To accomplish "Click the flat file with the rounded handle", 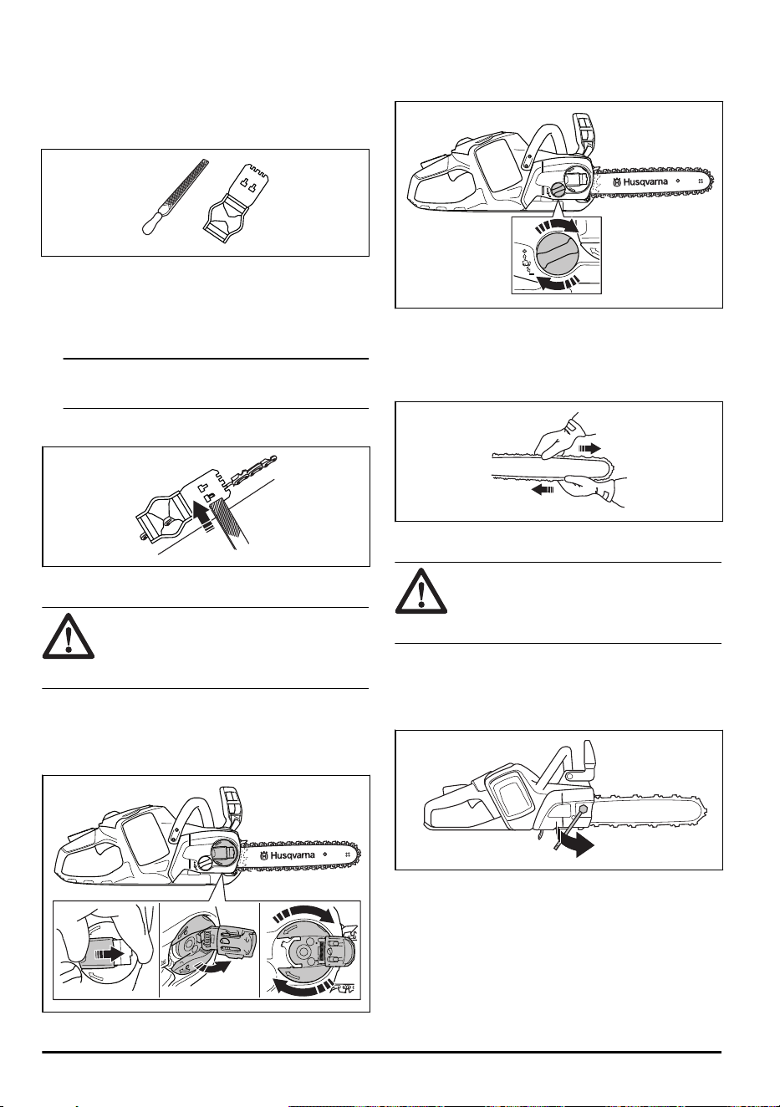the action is [174, 197].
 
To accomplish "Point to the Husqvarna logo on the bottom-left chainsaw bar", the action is [288, 856].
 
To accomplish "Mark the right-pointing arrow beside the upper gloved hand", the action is [590, 449].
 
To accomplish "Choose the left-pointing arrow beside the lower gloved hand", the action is [543, 490].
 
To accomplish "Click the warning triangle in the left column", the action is [69, 636].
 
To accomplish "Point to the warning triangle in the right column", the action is [421, 591].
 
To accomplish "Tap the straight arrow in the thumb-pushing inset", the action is [110, 954].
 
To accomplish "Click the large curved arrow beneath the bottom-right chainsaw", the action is [576, 847].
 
